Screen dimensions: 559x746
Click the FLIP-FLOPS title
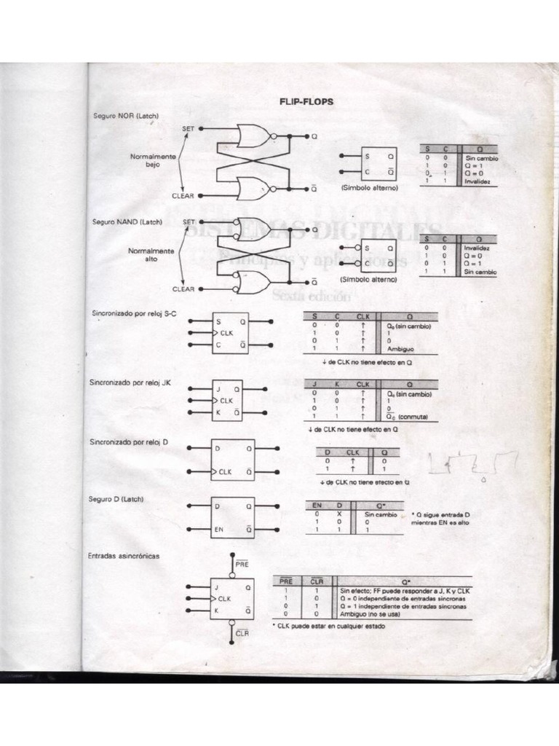tap(306, 102)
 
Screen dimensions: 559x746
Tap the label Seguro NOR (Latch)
tap(125, 116)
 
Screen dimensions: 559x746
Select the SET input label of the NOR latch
tap(188, 128)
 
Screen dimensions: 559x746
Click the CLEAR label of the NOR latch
tap(183, 195)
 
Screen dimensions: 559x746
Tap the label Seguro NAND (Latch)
tap(127, 221)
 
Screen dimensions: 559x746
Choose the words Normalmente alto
tap(151, 254)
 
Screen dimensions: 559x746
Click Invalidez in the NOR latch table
tap(479, 181)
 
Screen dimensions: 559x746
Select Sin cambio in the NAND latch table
tap(480, 271)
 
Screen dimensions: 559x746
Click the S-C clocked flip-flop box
tap(230, 333)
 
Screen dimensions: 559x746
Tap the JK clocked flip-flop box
tap(227, 401)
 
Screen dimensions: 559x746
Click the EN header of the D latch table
tap(317, 505)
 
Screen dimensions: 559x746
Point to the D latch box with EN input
tap(232, 517)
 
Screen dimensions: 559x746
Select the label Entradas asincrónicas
tap(124, 556)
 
